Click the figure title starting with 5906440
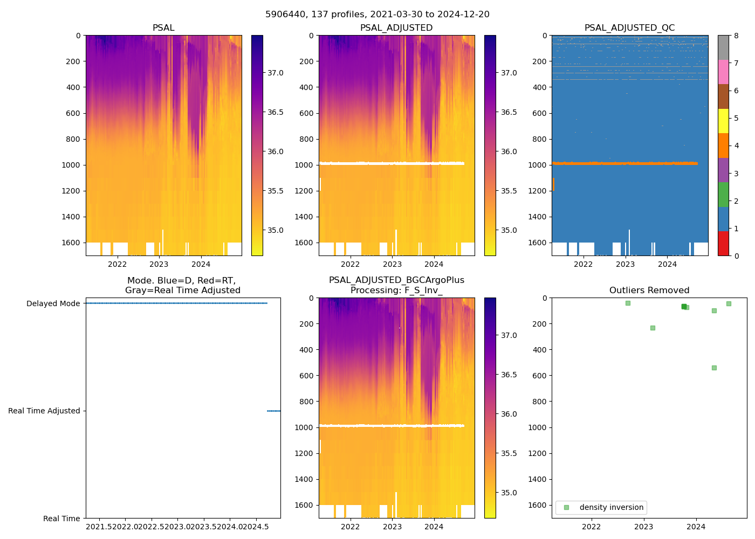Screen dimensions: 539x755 377,15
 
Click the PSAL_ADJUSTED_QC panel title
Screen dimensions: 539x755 629,28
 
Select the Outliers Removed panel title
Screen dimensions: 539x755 649,291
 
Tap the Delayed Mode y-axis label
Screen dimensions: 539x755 53,303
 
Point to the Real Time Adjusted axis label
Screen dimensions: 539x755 44,411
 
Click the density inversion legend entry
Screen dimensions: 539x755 611,507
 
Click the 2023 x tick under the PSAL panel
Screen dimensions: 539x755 159,264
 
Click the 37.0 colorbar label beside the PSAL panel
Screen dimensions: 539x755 275,73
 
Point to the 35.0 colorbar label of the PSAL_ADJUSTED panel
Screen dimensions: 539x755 509,230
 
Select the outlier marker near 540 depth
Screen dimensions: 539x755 714,368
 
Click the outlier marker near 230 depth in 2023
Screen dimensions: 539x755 653,328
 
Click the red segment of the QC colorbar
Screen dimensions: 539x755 723,243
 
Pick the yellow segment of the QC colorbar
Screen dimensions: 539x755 723,121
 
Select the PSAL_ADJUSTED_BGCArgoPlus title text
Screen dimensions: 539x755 396,280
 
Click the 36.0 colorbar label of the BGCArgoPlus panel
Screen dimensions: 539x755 509,414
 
